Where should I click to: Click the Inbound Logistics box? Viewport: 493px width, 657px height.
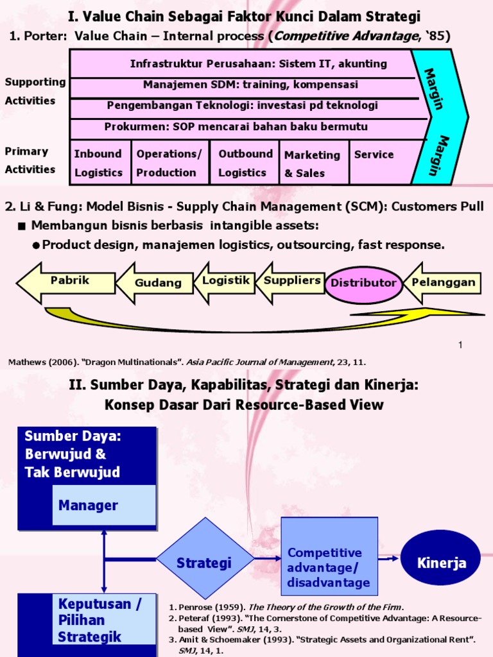(98, 163)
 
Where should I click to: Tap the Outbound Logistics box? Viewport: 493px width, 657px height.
(245, 163)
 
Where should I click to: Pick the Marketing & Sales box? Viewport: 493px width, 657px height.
(314, 164)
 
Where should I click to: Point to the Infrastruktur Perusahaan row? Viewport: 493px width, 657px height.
(258, 64)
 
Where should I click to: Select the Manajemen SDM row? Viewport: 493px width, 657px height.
(250, 85)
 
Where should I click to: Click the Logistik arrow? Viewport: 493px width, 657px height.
(224, 282)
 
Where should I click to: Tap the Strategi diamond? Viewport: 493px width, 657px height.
(205, 562)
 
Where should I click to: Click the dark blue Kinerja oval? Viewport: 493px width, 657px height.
(440, 562)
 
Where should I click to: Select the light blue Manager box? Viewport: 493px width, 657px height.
(103, 505)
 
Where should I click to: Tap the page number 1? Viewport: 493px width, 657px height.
(460, 346)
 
